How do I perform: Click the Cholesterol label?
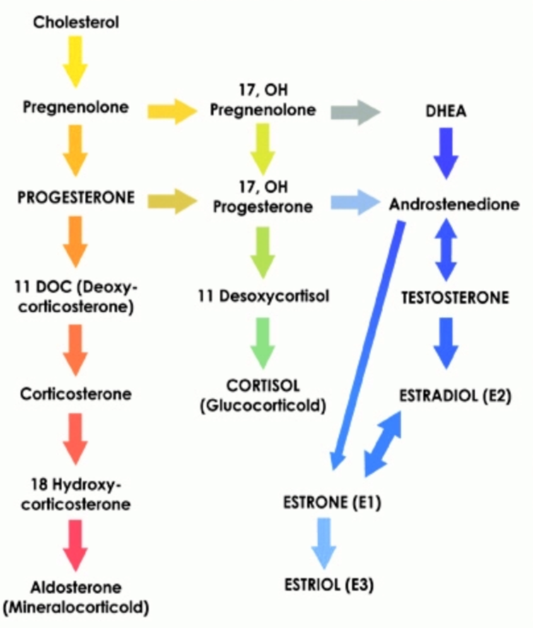click(76, 22)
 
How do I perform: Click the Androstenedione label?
click(450, 205)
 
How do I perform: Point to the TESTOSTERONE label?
click(455, 298)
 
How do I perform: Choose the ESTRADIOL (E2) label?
click(455, 392)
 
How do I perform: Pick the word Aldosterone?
click(76, 588)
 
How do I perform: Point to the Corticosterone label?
click(76, 392)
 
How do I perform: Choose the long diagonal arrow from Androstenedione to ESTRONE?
click(369, 347)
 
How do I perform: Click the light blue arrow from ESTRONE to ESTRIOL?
click(324, 542)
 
